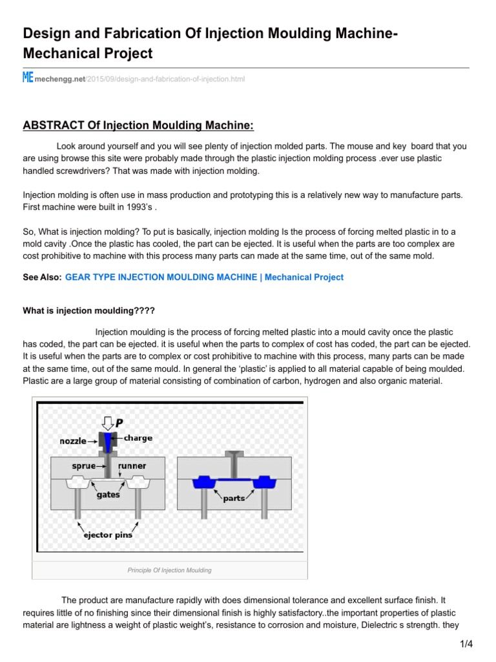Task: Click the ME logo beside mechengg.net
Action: (28, 78)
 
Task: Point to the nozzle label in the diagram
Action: (73, 441)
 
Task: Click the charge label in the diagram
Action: (138, 438)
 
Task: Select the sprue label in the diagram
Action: (84, 465)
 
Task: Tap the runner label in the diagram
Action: (132, 465)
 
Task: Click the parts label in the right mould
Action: (234, 498)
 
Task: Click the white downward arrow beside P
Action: (107, 422)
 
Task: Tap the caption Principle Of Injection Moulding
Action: (169, 570)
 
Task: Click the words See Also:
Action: (42, 277)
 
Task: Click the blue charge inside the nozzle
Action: (107, 441)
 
